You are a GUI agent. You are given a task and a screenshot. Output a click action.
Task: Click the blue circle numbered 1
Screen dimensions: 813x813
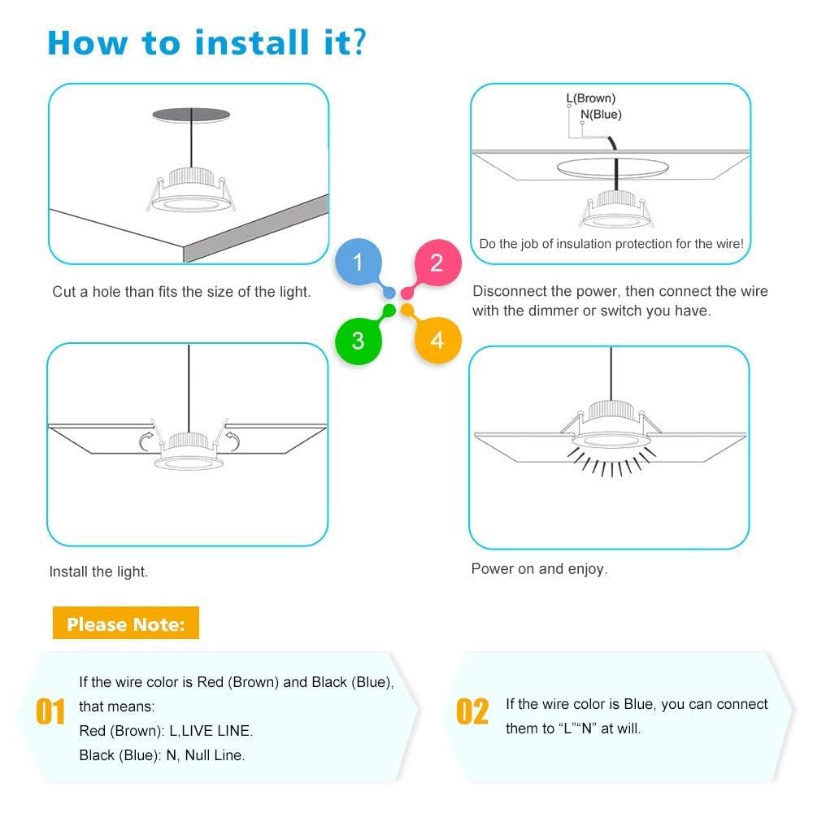coord(359,263)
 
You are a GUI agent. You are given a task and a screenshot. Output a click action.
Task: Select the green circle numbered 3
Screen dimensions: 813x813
coord(359,339)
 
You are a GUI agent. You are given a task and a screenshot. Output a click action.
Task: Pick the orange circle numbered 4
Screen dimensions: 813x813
coord(437,339)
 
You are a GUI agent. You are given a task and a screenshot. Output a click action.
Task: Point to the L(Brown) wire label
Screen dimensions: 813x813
coord(591,98)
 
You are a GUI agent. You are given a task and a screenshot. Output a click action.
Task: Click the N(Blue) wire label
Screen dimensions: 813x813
coord(601,115)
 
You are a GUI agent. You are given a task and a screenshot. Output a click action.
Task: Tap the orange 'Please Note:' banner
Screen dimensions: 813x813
coord(125,624)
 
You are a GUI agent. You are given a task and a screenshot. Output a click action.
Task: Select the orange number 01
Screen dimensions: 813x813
coord(50,713)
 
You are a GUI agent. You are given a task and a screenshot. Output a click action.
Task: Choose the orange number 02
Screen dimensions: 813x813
coord(472,711)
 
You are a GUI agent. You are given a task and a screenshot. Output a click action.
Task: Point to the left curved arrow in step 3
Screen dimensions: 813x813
coord(146,441)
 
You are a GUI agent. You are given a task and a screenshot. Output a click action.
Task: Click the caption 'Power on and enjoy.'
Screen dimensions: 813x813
coord(539,569)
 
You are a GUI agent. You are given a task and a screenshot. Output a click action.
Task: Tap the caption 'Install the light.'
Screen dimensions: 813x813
coord(98,572)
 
